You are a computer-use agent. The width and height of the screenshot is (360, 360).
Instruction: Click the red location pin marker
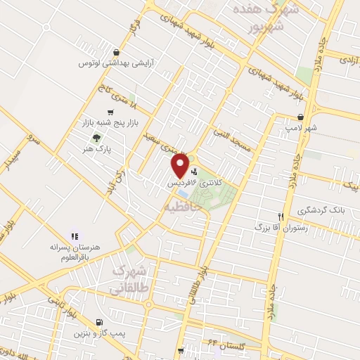[x=181, y=165]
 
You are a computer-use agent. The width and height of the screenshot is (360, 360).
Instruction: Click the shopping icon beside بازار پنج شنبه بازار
[x=110, y=112]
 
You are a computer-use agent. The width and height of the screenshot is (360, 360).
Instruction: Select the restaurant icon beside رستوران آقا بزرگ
[x=281, y=217]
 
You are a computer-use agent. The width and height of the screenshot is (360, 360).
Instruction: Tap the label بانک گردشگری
[x=320, y=210]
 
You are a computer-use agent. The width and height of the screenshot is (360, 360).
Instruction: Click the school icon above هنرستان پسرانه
[x=74, y=236]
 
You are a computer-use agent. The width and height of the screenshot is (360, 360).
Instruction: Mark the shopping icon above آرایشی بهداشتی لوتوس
[x=116, y=52]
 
